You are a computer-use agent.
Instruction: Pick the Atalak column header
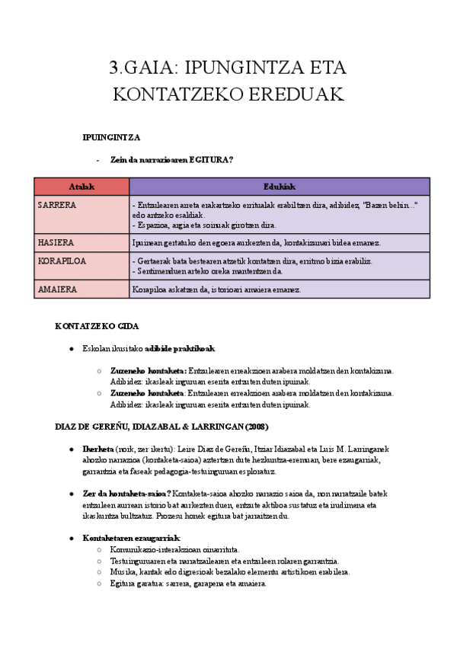[x=81, y=187]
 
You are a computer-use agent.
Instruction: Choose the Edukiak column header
[x=280, y=187]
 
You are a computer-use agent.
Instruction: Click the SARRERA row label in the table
[x=57, y=206]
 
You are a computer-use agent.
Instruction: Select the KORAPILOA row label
[x=62, y=261]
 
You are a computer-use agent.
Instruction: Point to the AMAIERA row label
[x=57, y=289]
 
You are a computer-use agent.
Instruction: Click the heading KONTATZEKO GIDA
[x=97, y=326]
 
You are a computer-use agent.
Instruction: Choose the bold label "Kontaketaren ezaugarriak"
[x=130, y=538]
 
